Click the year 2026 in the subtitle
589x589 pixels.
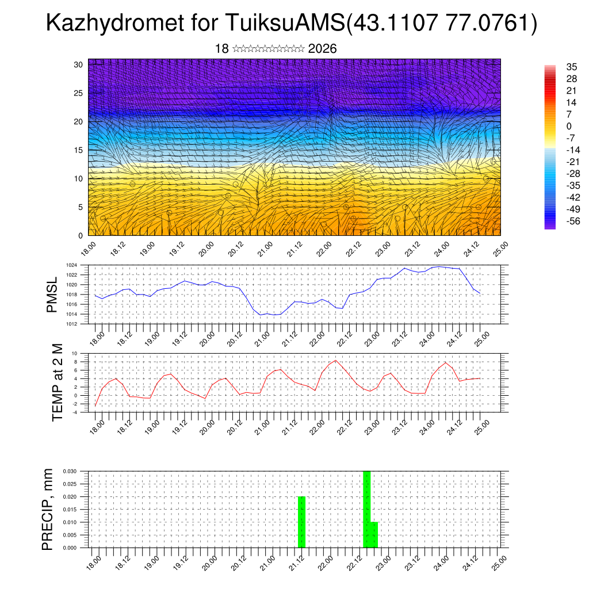coord(322,49)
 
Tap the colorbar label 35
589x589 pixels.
coord(572,67)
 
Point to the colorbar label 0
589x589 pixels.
coord(569,126)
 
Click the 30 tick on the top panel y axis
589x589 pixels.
coord(78,64)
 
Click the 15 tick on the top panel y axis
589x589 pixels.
coord(78,150)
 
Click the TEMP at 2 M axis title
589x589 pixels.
coord(57,383)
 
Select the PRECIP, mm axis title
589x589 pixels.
coord(48,510)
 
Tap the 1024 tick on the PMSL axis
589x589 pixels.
coord(71,265)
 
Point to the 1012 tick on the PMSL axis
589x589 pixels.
coord(71,324)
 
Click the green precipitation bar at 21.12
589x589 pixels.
coord(301,522)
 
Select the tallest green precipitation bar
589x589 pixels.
coord(366,509)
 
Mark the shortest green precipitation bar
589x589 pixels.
coord(374,535)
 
